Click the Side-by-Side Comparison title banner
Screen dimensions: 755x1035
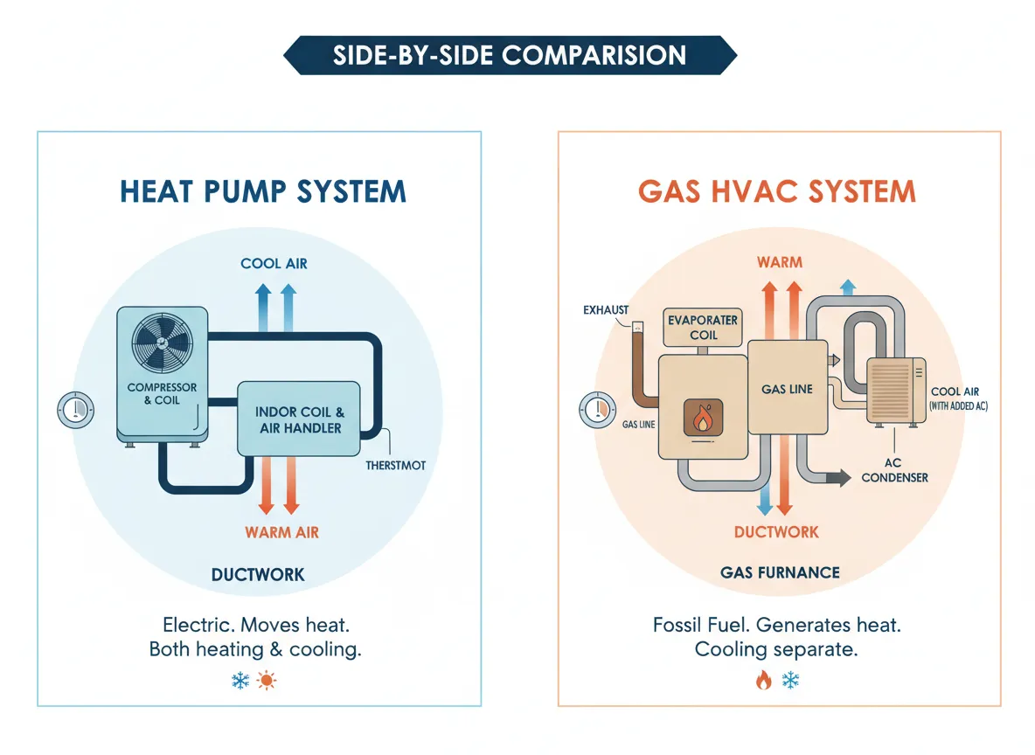[x=511, y=56]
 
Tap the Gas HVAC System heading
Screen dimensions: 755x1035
[x=777, y=191]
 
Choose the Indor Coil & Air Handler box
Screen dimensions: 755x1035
[x=299, y=420]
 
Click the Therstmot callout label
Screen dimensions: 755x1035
[x=396, y=465]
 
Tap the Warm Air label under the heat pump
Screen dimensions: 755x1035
[x=281, y=532]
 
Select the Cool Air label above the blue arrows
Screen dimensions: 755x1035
[x=274, y=263]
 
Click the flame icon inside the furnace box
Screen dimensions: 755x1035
[x=701, y=419]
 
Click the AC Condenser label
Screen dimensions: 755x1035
[x=894, y=469]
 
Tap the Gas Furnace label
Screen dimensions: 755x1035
[x=780, y=573]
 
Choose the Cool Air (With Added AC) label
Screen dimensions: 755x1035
[x=959, y=399]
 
